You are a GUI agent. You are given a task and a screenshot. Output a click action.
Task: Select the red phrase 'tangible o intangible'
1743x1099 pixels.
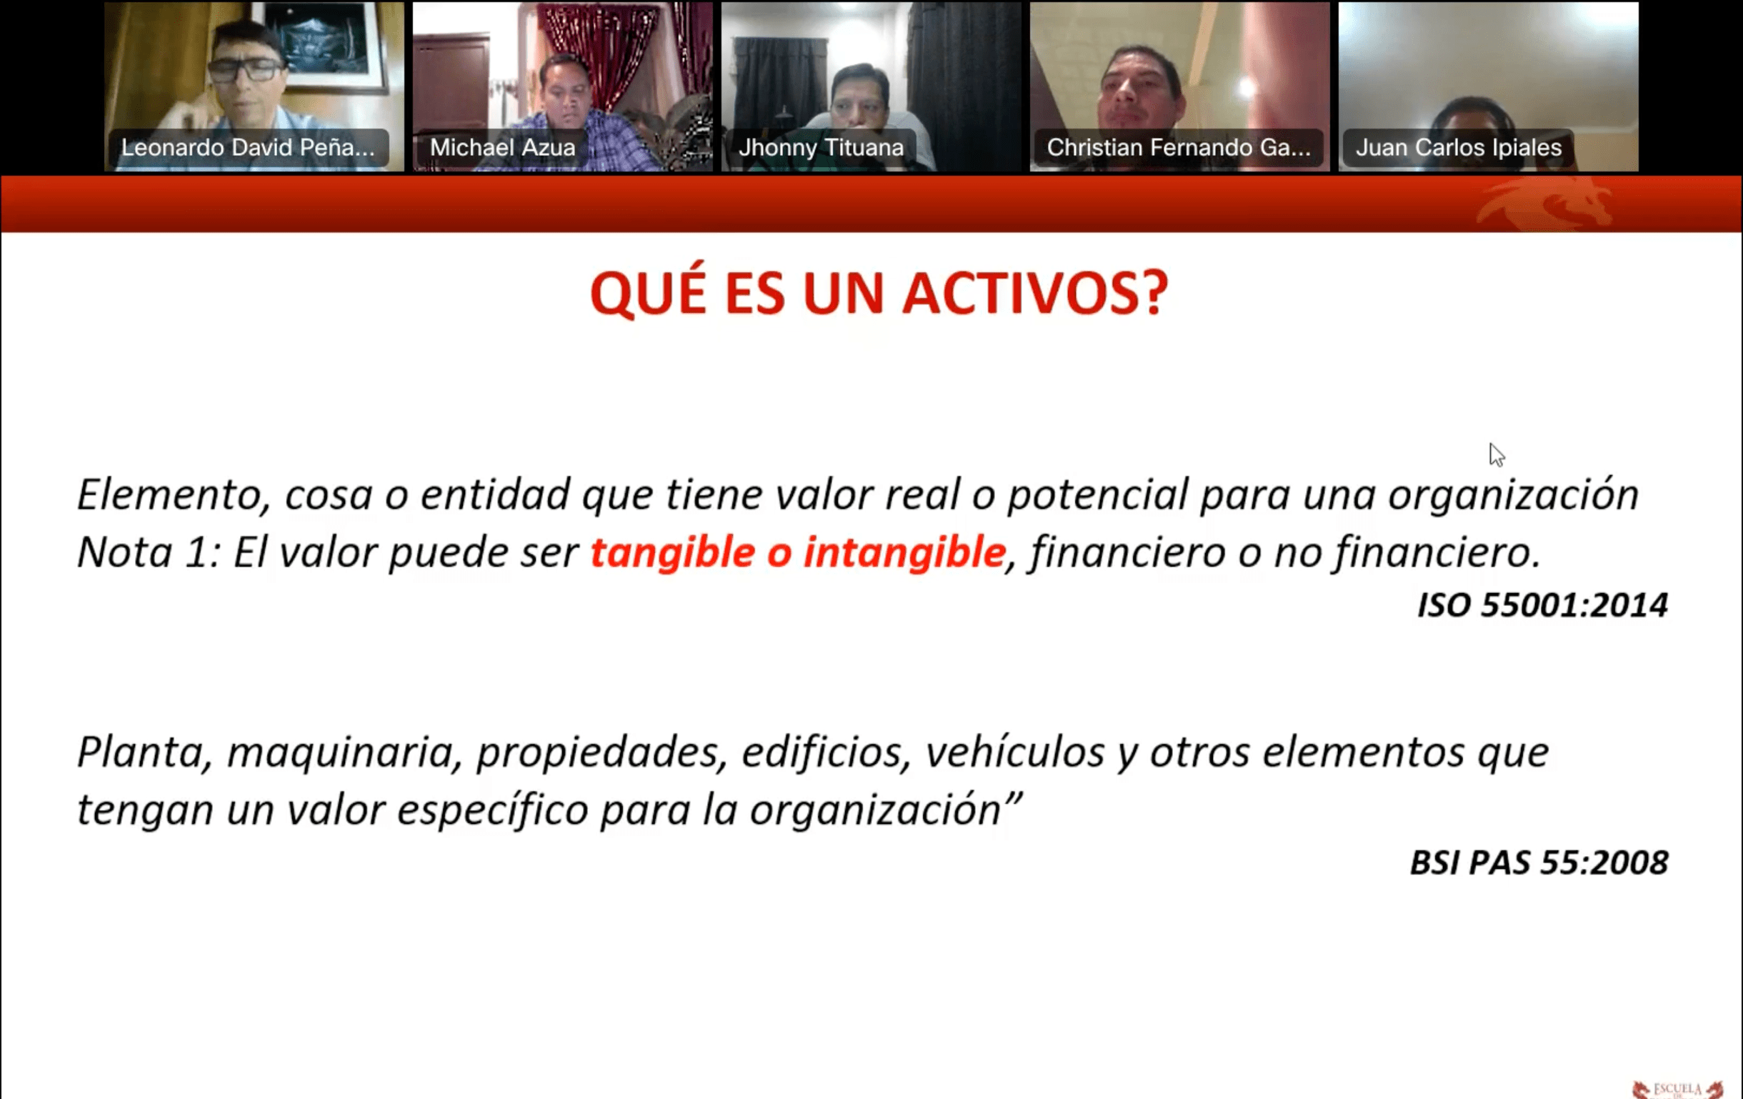[x=799, y=552]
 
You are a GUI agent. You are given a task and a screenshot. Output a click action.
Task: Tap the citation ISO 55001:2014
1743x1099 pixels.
[x=1542, y=605]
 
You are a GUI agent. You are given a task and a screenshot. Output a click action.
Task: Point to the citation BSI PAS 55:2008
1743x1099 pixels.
[x=1539, y=862]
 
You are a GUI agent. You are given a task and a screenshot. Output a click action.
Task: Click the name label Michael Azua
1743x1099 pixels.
[x=502, y=148]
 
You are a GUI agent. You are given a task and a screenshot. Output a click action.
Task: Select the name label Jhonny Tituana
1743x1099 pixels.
[x=821, y=148]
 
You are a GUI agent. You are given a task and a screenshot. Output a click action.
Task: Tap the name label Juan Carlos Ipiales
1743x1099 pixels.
[x=1458, y=148]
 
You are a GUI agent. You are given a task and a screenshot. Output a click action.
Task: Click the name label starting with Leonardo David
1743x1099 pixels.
[x=248, y=148]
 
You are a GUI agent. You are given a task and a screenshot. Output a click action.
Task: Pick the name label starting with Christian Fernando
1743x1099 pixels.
[x=1179, y=148]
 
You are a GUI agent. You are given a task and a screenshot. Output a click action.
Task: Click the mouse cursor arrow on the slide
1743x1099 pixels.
[x=1496, y=454]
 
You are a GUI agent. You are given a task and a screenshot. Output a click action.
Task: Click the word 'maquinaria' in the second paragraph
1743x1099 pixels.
[x=344, y=753]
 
